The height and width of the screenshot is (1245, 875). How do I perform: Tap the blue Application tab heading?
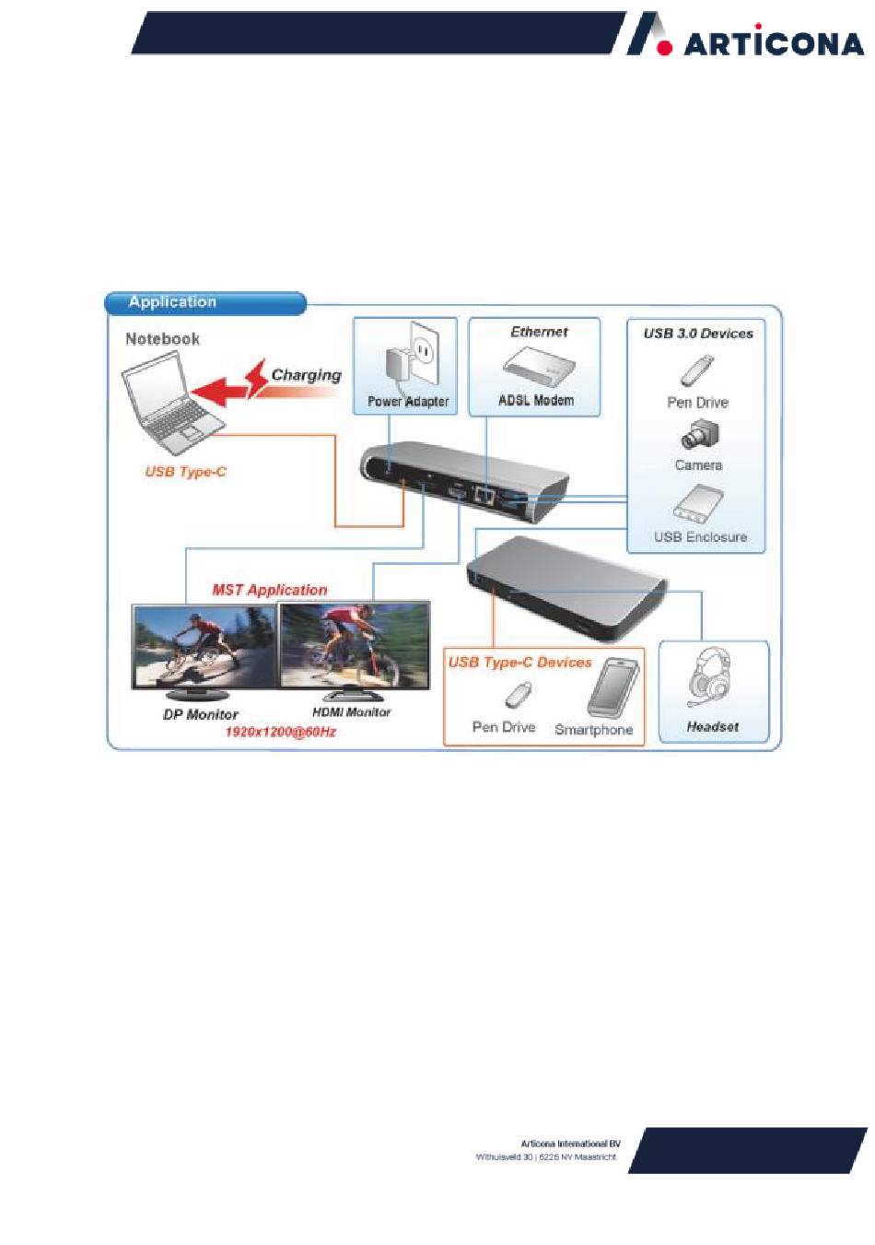(x=172, y=302)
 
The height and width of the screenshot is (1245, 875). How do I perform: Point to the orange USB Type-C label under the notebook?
(x=185, y=472)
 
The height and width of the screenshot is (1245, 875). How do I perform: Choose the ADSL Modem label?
(x=536, y=400)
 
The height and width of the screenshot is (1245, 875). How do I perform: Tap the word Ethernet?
(x=539, y=332)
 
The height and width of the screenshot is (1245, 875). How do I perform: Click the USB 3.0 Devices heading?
(x=697, y=334)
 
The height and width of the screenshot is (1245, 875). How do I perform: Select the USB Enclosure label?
(x=700, y=536)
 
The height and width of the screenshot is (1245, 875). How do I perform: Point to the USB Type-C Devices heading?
(x=519, y=663)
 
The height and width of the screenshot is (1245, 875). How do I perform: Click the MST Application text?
(x=269, y=590)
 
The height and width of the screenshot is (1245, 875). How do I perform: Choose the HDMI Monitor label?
(x=351, y=712)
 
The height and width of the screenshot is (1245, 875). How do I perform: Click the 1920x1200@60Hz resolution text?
(x=281, y=732)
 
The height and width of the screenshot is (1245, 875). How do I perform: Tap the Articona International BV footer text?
(x=570, y=1144)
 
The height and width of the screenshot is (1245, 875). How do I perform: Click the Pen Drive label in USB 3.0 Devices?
(x=697, y=403)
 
